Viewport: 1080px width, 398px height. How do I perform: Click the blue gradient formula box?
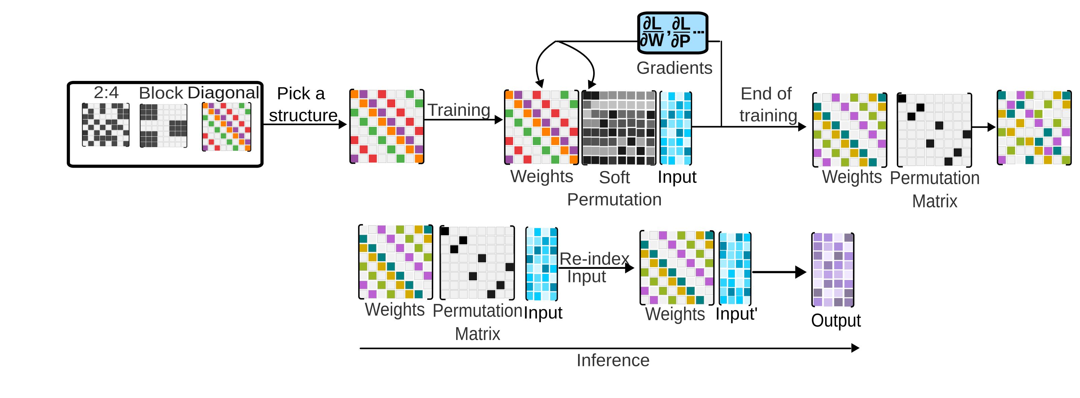click(673, 33)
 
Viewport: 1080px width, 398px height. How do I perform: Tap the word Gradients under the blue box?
click(674, 68)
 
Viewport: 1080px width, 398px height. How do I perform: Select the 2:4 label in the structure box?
click(106, 92)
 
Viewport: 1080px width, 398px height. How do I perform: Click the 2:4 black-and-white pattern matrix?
click(106, 125)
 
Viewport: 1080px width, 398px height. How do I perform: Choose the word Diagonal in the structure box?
click(224, 93)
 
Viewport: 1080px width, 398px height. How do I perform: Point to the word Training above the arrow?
click(459, 110)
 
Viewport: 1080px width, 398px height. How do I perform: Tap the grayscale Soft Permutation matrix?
click(618, 127)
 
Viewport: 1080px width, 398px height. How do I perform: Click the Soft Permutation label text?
click(614, 189)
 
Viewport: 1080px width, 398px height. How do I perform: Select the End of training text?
click(767, 105)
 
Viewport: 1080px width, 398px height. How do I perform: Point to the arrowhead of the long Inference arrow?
click(855, 348)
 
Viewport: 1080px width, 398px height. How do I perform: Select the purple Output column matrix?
click(833, 269)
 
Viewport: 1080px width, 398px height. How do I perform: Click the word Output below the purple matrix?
click(836, 321)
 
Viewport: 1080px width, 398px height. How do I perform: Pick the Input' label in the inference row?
click(736, 314)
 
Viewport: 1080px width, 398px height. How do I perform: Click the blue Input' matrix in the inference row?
click(735, 268)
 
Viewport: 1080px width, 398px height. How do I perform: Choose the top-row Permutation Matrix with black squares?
click(934, 130)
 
